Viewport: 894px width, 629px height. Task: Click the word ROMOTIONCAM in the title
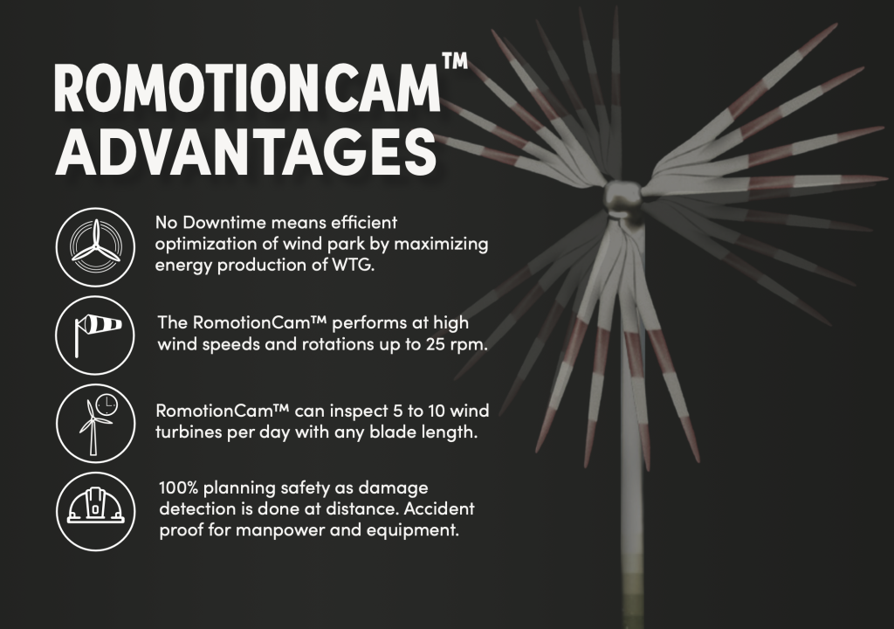[x=247, y=90]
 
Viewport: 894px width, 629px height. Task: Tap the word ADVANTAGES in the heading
[x=245, y=152]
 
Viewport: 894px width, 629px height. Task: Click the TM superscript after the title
[x=455, y=61]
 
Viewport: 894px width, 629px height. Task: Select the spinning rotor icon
[x=95, y=246]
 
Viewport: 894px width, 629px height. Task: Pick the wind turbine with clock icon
[x=95, y=424]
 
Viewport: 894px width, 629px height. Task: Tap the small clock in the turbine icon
[x=106, y=404]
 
